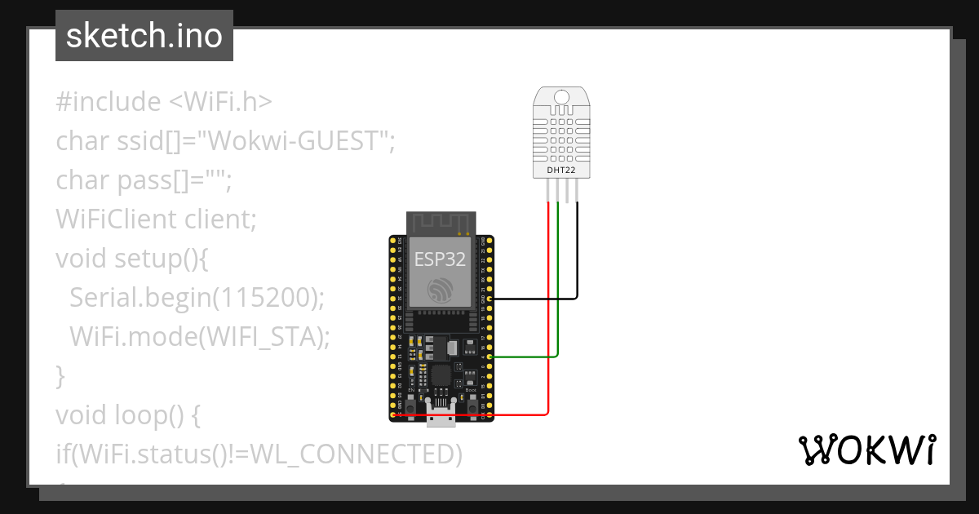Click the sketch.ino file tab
[x=144, y=36]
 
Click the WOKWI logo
[x=866, y=450]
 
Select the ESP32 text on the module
[x=441, y=259]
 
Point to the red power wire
[x=548, y=326]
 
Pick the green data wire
[x=558, y=286]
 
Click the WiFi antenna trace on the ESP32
[x=441, y=223]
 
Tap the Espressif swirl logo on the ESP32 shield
[x=441, y=290]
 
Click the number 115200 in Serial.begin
[x=264, y=298]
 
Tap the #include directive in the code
[x=109, y=102]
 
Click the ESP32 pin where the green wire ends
[x=488, y=357]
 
